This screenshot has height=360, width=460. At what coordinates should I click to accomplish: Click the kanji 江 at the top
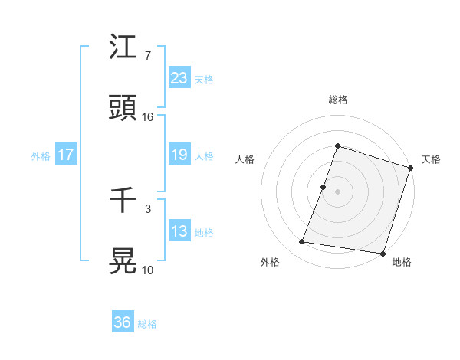tap(123, 47)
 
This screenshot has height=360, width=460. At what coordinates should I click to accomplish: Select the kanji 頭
tap(123, 108)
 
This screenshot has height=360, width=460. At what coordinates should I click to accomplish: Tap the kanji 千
tap(123, 200)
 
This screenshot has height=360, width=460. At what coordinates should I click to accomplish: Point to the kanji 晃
tap(123, 261)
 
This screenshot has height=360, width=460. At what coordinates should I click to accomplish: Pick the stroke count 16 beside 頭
tap(148, 117)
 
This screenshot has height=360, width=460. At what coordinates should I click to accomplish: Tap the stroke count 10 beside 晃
tap(148, 270)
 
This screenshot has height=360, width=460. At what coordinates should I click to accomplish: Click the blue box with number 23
tap(179, 78)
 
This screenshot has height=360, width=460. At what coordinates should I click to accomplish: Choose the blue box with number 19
tap(179, 155)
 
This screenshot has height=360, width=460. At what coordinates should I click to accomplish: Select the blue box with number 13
tap(179, 231)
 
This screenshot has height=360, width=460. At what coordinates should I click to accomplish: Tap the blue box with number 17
tap(65, 155)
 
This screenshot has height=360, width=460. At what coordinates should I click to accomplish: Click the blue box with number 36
tap(122, 322)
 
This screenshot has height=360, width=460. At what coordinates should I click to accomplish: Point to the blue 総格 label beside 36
tap(147, 324)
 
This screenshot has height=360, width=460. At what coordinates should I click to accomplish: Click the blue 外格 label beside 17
tap(41, 156)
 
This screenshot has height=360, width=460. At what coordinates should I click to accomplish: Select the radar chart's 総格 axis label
tap(338, 100)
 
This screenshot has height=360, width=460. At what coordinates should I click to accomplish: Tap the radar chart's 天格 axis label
tap(431, 159)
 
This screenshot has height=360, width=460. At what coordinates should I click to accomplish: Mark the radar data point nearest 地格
tap(382, 254)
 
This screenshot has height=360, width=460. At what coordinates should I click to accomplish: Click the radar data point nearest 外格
tap(302, 242)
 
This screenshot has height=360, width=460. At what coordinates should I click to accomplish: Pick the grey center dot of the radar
tap(338, 191)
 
